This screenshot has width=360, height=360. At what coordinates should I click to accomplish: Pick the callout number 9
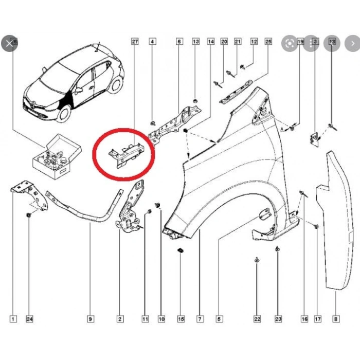[91, 319]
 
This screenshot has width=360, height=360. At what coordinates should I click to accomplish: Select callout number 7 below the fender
[199, 319]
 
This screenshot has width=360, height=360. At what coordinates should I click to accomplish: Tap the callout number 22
[257, 319]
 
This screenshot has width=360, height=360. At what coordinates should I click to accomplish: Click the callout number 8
[335, 319]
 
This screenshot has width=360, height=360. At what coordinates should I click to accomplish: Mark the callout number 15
[181, 319]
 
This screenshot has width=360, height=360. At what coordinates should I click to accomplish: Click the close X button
[9, 44]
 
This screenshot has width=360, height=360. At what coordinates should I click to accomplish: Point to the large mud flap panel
[337, 221]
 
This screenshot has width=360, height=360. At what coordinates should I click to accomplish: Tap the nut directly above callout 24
[29, 214]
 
